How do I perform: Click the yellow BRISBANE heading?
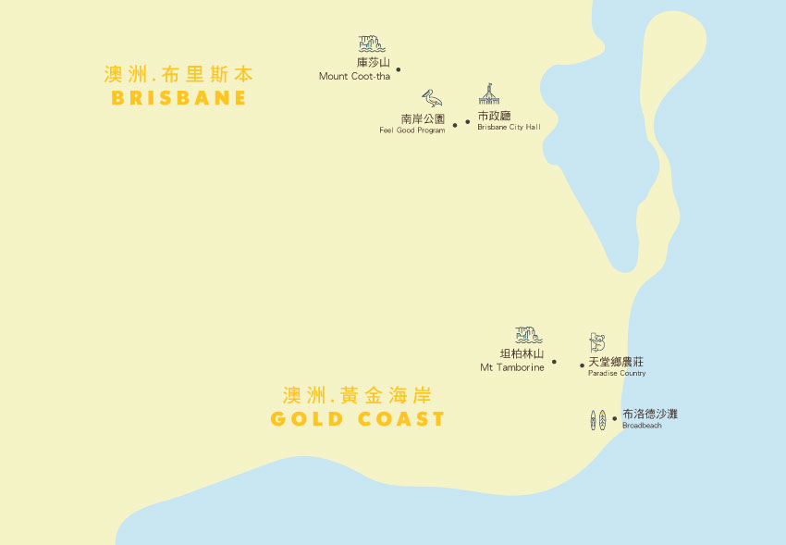(178, 98)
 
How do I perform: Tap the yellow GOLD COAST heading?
(358, 419)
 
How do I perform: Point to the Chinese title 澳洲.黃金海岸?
(358, 396)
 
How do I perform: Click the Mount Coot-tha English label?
(354, 77)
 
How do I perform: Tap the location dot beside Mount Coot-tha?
(399, 69)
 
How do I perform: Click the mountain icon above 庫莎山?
(372, 43)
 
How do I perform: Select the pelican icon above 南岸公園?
(432, 99)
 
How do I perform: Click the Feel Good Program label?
(411, 130)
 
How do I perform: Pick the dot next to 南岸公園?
(455, 125)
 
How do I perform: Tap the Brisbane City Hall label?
(509, 127)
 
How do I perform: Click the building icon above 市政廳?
(489, 94)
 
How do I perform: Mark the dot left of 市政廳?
(468, 121)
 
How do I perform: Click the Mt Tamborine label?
(511, 367)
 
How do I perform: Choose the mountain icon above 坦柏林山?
(528, 335)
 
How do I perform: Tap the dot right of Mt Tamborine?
(554, 362)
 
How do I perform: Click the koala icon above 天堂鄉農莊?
(597, 343)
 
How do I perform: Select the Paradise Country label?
(617, 374)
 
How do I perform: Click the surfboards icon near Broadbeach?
(598, 419)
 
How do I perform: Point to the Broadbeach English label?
(642, 426)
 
